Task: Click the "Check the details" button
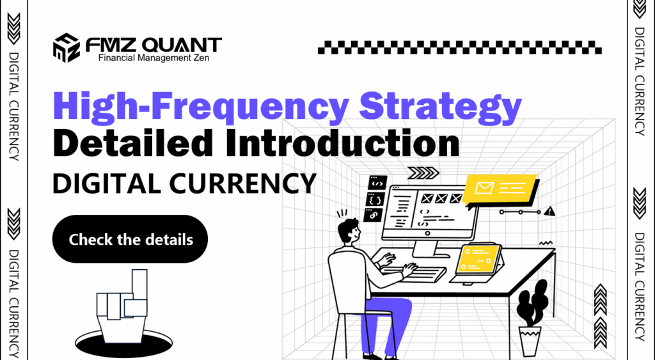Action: pyautogui.click(x=130, y=240)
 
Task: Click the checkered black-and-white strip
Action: pyautogui.click(x=459, y=47)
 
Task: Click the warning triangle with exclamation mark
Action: pyautogui.click(x=551, y=210)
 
